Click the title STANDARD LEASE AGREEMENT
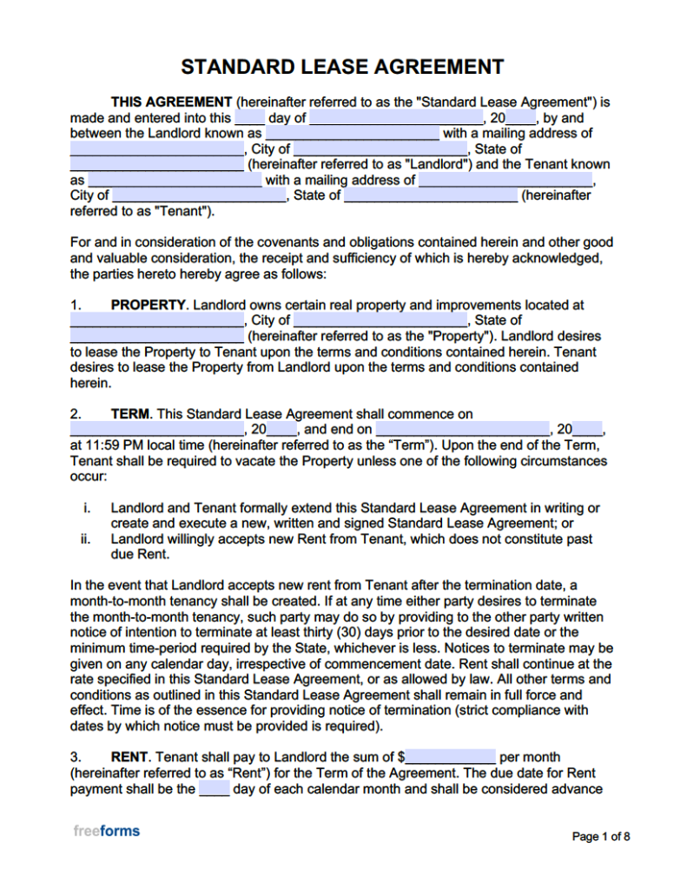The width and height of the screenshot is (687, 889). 342,68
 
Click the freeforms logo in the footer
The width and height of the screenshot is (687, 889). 106,831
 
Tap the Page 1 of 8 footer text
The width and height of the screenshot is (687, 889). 600,837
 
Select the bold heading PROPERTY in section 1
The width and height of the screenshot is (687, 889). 149,305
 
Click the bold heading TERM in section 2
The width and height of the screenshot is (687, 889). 131,414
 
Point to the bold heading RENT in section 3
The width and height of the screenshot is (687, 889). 130,757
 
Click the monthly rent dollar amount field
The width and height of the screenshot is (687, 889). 450,757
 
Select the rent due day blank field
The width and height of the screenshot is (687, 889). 214,789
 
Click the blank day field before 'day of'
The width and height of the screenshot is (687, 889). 249,118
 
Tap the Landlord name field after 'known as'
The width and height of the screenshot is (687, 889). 352,134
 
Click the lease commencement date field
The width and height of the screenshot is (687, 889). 156,430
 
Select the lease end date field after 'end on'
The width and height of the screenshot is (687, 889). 463,430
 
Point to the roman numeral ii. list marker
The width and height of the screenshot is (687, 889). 86,539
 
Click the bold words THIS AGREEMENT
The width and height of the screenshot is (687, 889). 171,102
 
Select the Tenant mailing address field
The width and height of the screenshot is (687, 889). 505,181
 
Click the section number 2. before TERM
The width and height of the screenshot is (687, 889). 76,414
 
